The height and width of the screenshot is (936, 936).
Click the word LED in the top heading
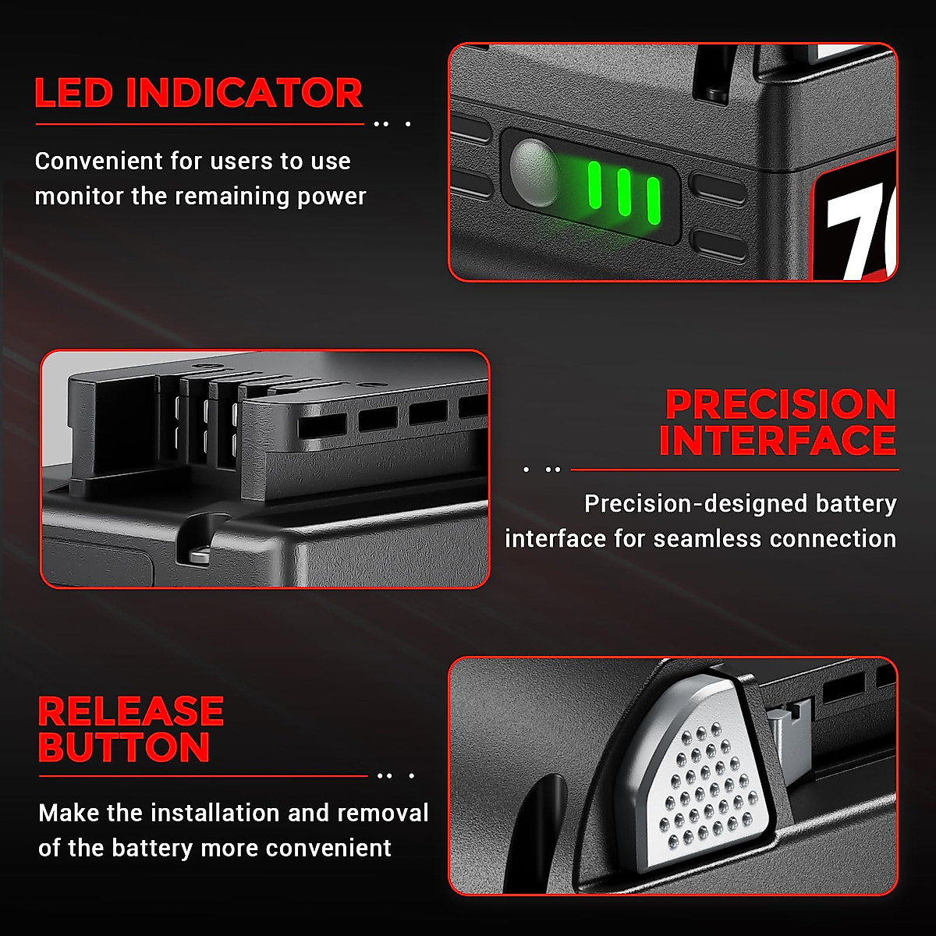coord(73,94)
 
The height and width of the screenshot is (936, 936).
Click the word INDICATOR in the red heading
coord(243,94)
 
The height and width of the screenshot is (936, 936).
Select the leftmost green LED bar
coord(594,186)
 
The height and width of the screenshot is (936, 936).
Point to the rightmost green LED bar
coord(653,200)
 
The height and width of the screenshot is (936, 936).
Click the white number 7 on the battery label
coord(854,234)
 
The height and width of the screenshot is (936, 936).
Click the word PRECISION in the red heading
coord(780,406)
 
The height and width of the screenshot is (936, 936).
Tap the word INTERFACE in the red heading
coord(778,441)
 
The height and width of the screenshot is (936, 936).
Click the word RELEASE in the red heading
coord(131,712)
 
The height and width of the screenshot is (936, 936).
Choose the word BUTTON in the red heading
coord(124,748)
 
